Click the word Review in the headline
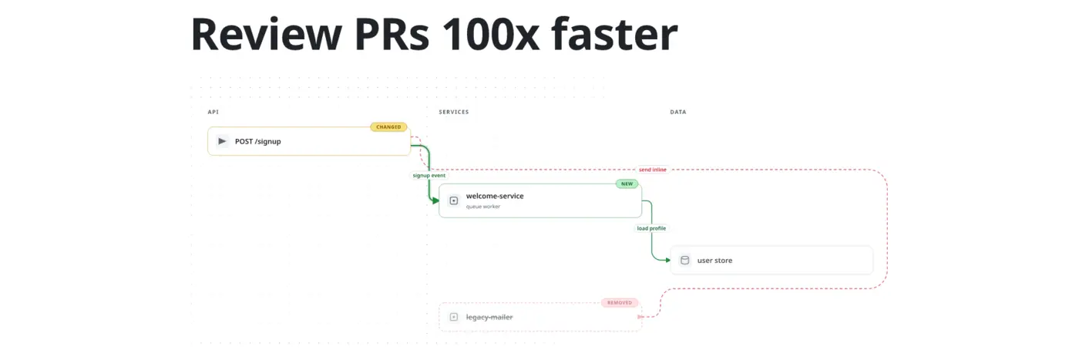pyautogui.click(x=267, y=35)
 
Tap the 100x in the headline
pyautogui.click(x=491, y=35)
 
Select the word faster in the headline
pyautogui.click(x=615, y=35)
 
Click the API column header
pyautogui.click(x=213, y=112)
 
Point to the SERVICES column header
pyautogui.click(x=454, y=112)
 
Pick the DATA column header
pyautogui.click(x=678, y=112)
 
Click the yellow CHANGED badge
pyautogui.click(x=388, y=127)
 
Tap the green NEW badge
pyautogui.click(x=627, y=184)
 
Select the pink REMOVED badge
pyautogui.click(x=620, y=303)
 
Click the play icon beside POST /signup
pyautogui.click(x=222, y=141)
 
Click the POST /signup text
pyautogui.click(x=257, y=142)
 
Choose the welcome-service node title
pyautogui.click(x=495, y=196)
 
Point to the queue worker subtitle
pyautogui.click(x=483, y=207)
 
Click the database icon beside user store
pyautogui.click(x=685, y=261)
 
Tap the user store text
pyautogui.click(x=715, y=261)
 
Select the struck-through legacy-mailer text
pyautogui.click(x=489, y=317)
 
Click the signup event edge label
pyautogui.click(x=429, y=176)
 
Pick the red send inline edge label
pyautogui.click(x=653, y=170)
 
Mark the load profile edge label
pyautogui.click(x=652, y=228)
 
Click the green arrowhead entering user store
pyautogui.click(x=667, y=261)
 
